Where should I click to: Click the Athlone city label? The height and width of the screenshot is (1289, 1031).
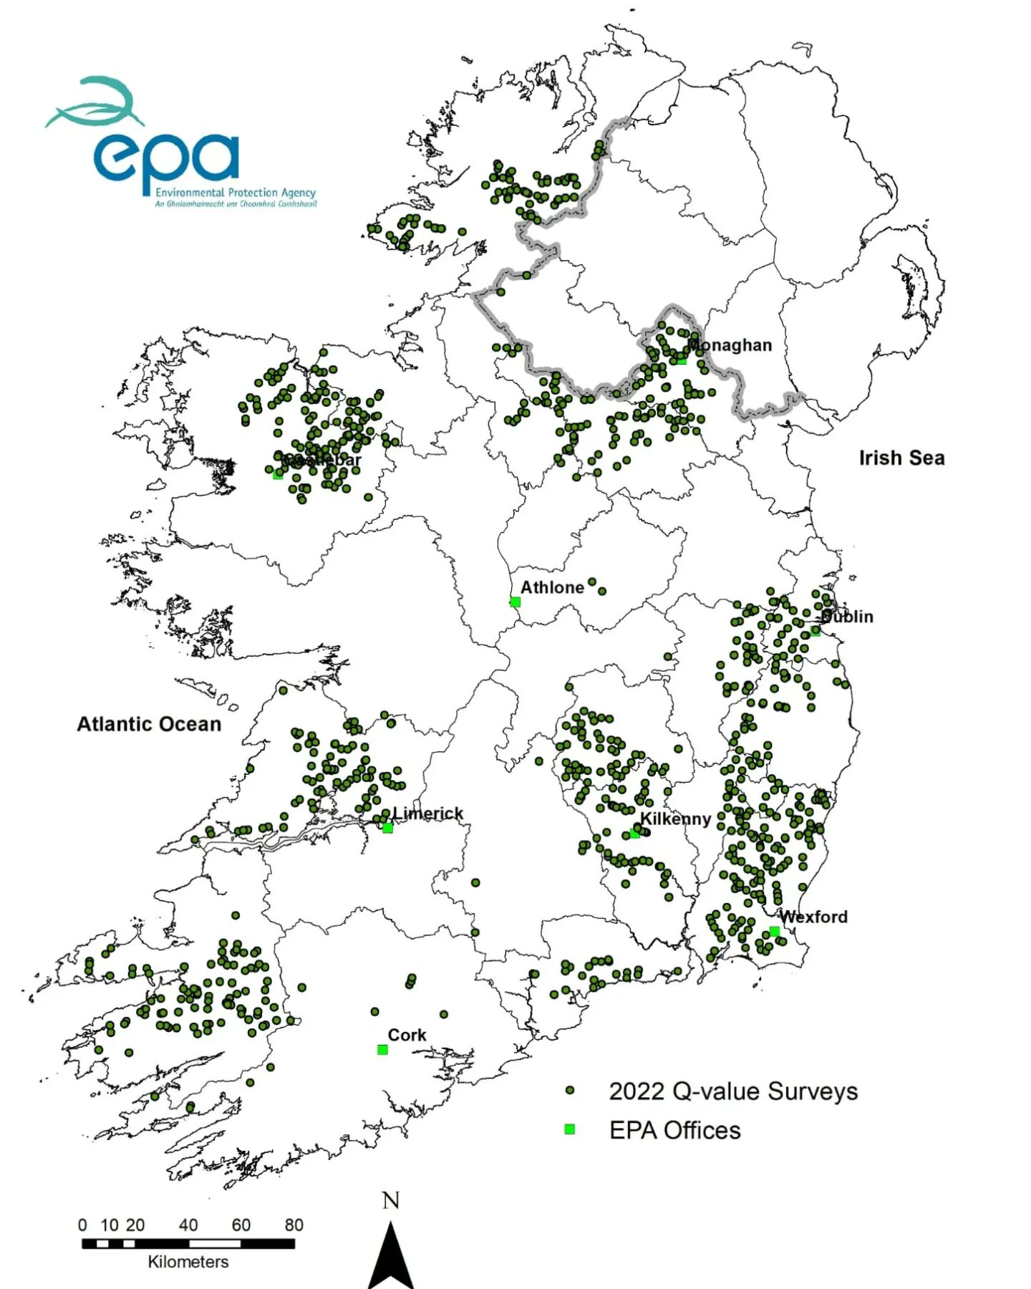(x=552, y=587)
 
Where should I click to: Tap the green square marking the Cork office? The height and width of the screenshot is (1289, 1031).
(x=382, y=1050)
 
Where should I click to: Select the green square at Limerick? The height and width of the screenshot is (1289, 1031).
(x=387, y=828)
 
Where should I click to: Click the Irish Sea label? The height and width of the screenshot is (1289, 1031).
(x=901, y=458)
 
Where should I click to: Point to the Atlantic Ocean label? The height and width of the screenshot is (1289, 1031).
(x=149, y=724)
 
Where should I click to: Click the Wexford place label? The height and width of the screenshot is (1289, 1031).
(x=813, y=917)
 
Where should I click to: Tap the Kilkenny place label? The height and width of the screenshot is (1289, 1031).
(x=675, y=819)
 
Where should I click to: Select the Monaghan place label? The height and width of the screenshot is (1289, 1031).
(x=730, y=345)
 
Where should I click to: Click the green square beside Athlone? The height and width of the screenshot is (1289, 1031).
(x=515, y=602)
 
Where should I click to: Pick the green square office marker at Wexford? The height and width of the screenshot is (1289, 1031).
(x=774, y=931)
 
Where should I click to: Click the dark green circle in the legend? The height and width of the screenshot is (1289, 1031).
(x=570, y=1091)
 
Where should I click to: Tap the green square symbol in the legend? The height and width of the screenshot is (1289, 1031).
(x=570, y=1129)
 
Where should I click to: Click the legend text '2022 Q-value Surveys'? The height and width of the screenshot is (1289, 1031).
(x=733, y=1091)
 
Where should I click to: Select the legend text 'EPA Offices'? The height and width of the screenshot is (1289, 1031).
(x=674, y=1130)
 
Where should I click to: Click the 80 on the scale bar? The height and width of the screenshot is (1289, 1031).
(x=294, y=1225)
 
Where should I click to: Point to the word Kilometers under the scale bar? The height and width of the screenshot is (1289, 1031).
(x=188, y=1262)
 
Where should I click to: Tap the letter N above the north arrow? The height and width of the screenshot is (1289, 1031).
(x=391, y=1200)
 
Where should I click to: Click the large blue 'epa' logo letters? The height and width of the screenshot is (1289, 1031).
(x=166, y=159)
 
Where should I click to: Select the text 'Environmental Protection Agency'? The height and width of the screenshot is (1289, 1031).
(x=236, y=193)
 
